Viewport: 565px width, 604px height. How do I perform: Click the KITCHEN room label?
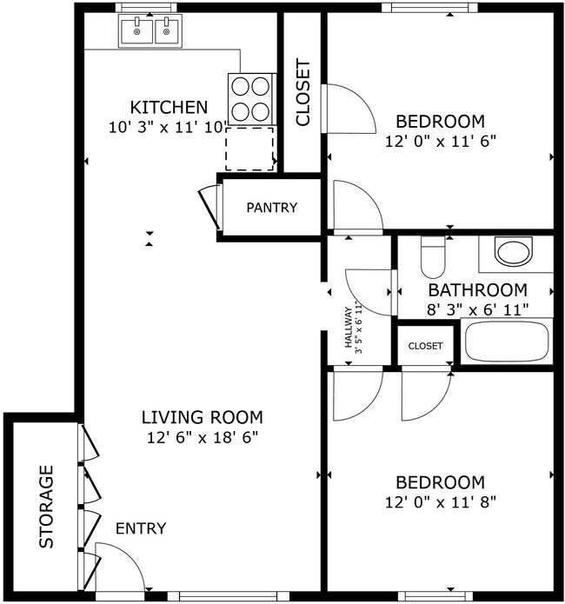click(169, 108)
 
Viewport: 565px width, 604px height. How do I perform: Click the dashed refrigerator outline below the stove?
click(250, 148)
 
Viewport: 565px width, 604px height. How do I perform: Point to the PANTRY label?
click(271, 208)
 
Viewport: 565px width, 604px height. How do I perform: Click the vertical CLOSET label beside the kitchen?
click(302, 92)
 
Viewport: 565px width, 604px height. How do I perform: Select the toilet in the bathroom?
click(432, 255)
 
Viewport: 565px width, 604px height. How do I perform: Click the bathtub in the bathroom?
click(508, 342)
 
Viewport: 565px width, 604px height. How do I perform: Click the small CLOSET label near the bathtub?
click(425, 346)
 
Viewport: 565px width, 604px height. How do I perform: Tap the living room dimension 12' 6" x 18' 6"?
click(202, 436)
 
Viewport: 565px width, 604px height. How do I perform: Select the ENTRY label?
click(140, 528)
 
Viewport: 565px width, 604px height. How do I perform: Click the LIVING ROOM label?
click(202, 417)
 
